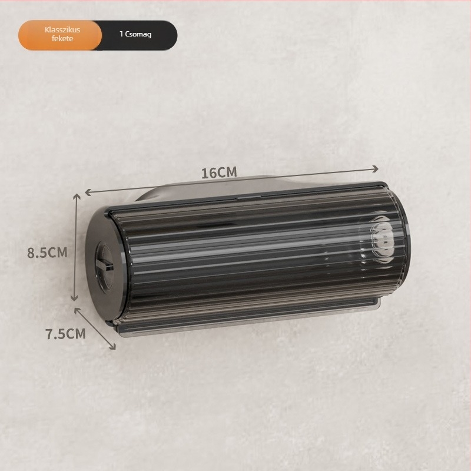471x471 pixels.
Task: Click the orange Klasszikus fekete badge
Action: pos(60,35)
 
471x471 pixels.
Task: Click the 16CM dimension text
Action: pos(219,173)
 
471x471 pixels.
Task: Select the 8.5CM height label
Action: pos(47,253)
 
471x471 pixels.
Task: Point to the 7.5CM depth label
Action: pos(66,334)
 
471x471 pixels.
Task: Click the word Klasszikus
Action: pos(62,30)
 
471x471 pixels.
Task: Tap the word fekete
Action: pos(62,39)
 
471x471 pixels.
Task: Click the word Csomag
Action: pos(138,34)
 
